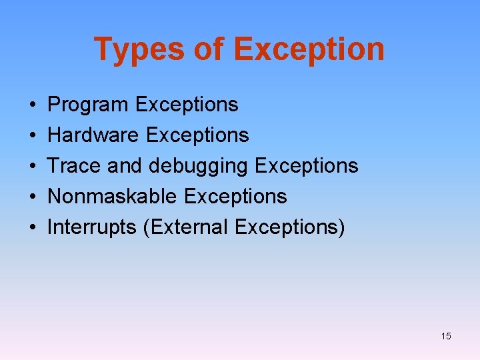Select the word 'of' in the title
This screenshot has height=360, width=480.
(x=209, y=49)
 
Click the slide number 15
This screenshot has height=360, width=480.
(x=446, y=336)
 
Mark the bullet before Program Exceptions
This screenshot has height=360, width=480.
(x=33, y=105)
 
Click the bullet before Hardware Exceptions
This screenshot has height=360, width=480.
(x=33, y=136)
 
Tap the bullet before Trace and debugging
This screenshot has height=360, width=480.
(x=33, y=167)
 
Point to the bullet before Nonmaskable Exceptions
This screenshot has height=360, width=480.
(x=33, y=197)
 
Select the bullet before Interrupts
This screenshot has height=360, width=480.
(x=33, y=228)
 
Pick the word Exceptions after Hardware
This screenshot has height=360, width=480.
(x=197, y=135)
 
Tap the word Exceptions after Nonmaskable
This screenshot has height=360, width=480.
(x=235, y=197)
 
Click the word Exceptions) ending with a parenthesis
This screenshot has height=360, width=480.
(x=290, y=227)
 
